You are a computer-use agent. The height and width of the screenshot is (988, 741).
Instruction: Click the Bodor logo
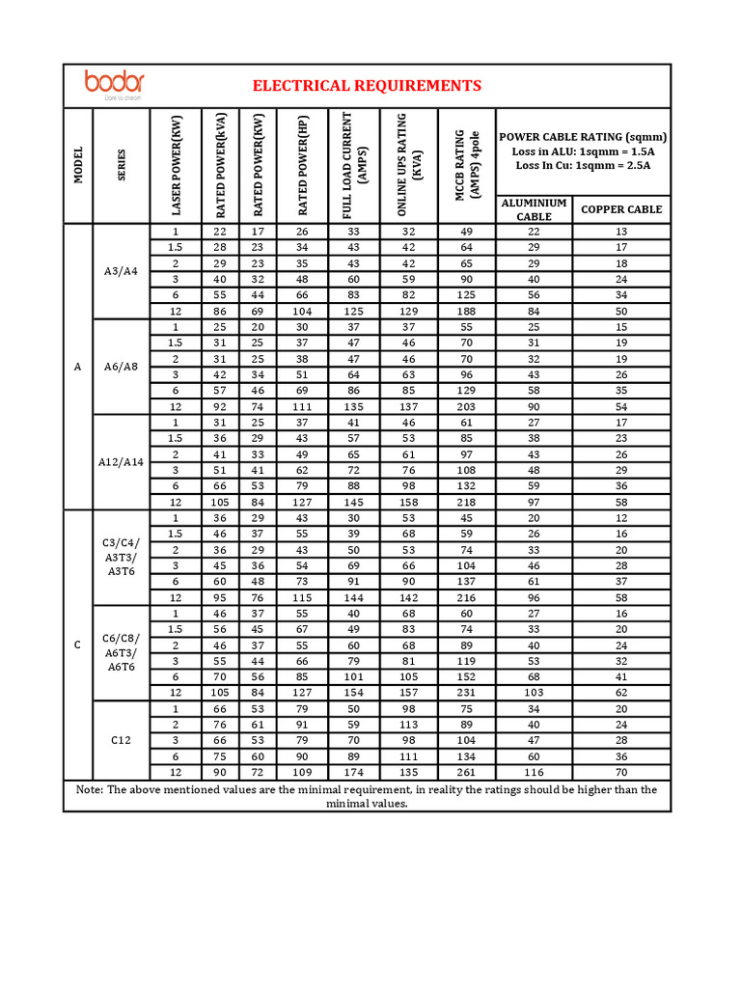click(x=115, y=84)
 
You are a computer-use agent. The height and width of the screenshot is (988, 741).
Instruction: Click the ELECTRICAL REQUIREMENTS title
click(x=367, y=86)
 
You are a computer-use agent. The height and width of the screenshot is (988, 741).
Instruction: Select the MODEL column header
click(x=78, y=165)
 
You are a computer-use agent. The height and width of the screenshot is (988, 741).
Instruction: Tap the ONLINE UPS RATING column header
click(x=409, y=165)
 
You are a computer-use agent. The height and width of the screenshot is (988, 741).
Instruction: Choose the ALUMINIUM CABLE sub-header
click(x=534, y=209)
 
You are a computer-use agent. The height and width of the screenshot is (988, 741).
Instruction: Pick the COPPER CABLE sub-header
click(x=621, y=209)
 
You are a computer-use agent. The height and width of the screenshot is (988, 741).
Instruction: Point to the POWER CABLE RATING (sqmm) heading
click(x=583, y=137)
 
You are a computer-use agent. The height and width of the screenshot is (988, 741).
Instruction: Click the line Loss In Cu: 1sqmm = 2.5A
click(x=583, y=165)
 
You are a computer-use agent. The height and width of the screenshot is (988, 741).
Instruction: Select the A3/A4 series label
click(x=122, y=271)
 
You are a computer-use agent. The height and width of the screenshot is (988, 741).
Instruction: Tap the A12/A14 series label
click(x=122, y=462)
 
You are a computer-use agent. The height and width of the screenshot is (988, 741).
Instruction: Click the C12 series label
click(x=122, y=739)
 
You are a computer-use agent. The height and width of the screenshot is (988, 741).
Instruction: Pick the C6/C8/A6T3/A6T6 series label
click(x=122, y=652)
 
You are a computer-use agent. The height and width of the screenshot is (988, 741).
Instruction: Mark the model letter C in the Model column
click(x=78, y=645)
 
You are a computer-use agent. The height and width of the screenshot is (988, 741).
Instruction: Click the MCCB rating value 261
click(x=467, y=772)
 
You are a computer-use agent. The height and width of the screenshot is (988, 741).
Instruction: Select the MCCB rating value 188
click(x=467, y=311)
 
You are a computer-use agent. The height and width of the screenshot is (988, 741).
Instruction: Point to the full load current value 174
click(x=353, y=772)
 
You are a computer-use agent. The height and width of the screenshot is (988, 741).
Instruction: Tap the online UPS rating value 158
click(x=409, y=502)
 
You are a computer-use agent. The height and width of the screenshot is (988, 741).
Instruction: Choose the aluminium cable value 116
click(x=534, y=772)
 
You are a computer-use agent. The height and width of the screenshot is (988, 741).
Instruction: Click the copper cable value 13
click(x=621, y=232)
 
